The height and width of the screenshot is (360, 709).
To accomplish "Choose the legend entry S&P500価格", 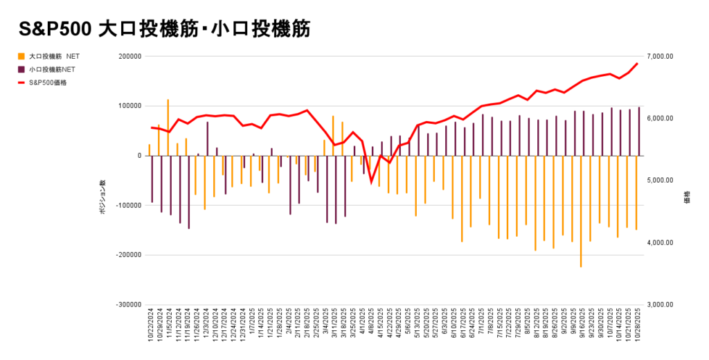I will pos(48,82).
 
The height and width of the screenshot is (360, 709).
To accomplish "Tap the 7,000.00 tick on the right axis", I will pos(659,57).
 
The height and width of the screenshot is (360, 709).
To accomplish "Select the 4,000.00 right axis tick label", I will pos(659,243).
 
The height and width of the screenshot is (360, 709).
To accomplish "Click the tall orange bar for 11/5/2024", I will pos(168,127).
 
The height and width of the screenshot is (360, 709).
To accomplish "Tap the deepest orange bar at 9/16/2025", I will pos(581,211).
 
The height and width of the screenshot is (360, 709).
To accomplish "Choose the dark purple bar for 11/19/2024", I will pos(189,192).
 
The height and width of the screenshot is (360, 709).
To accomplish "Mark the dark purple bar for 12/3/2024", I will pos(208,138).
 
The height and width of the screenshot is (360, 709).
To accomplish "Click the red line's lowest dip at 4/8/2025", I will pos(371,183).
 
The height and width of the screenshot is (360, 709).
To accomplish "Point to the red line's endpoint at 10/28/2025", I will pos(637,64).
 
